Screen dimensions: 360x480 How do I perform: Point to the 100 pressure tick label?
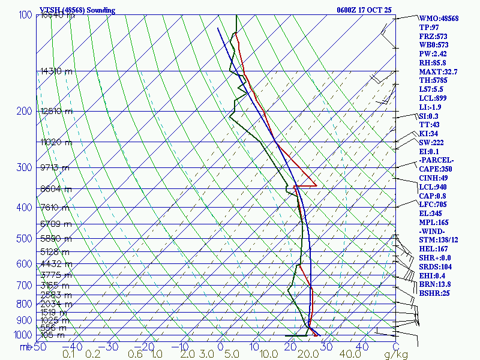pyautogui.click(x=25, y=15)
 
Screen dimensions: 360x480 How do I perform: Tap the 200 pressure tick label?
pyautogui.click(x=25, y=111)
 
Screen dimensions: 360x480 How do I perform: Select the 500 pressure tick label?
pyautogui.click(x=25, y=239)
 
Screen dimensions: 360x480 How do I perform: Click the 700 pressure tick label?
pyautogui.click(x=25, y=286)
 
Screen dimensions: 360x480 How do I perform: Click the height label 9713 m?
pyautogui.click(x=55, y=167)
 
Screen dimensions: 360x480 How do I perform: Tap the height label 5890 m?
pyautogui.click(x=55, y=239)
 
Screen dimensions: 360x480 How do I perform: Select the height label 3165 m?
pyautogui.click(x=55, y=286)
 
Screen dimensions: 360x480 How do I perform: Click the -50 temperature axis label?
pyautogui.click(x=38, y=347)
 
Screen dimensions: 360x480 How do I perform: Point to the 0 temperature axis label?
pyautogui.click(x=220, y=347)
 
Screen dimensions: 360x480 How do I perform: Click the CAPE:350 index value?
pyautogui.click(x=437, y=169)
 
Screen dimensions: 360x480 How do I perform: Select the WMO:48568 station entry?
pyautogui.click(x=439, y=19)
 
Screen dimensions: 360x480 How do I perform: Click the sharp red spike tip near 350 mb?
pyautogui.click(x=316, y=187)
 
